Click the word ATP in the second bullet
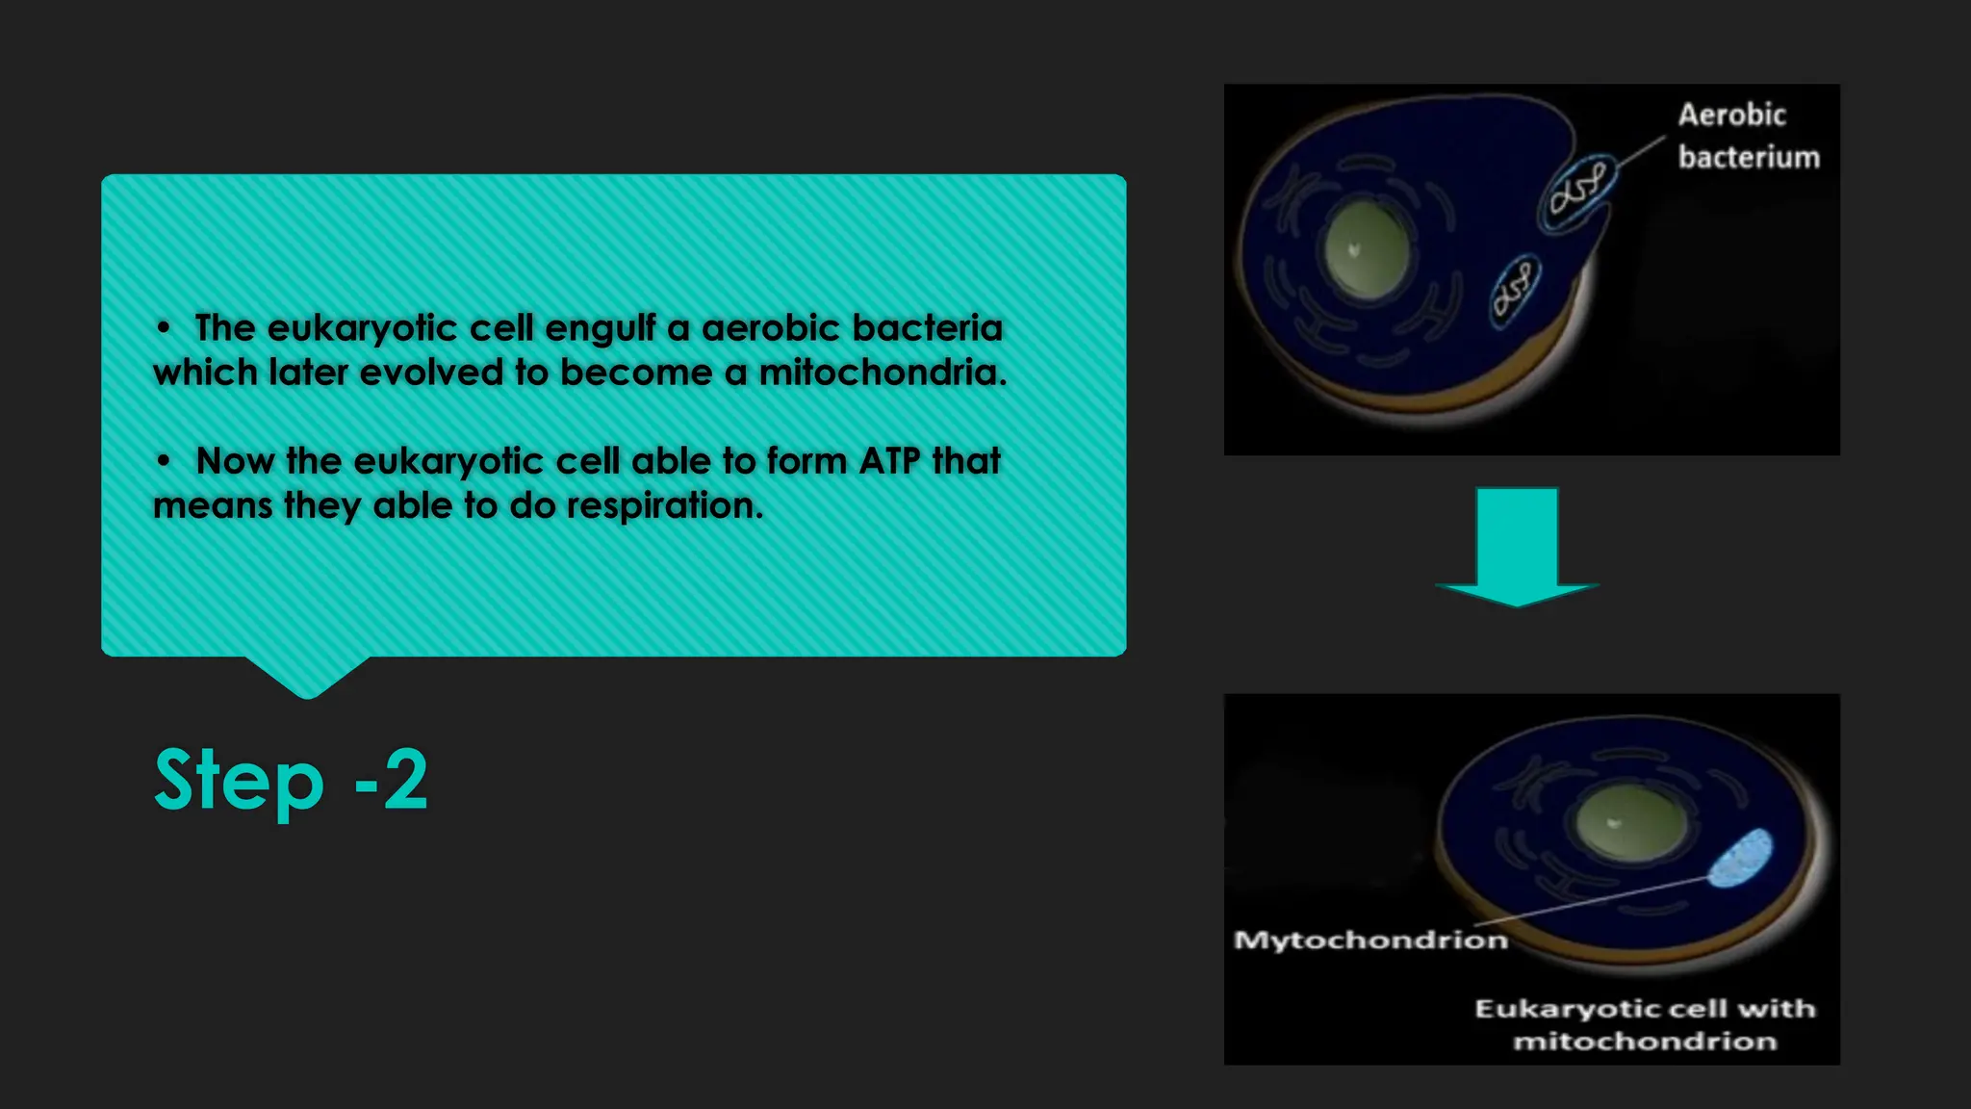889,461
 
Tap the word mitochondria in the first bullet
882,373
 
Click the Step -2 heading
291,780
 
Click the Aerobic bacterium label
1748,136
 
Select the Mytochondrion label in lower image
1370,940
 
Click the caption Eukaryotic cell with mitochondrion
1645,1024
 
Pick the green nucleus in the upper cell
1367,249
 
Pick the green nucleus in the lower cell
1631,823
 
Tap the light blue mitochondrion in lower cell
1740,857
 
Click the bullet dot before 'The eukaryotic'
164,329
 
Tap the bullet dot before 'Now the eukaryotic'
164,462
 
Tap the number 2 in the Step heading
405,780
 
